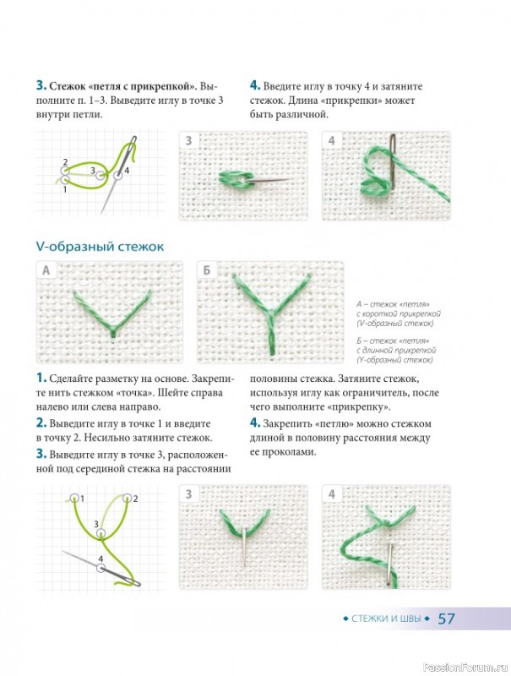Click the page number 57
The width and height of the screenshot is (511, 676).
pyautogui.click(x=446, y=619)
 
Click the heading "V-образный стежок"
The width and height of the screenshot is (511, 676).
pyautogui.click(x=100, y=247)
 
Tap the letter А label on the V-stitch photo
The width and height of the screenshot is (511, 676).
pyautogui.click(x=46, y=270)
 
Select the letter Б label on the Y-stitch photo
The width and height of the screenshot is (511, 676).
pyautogui.click(x=206, y=270)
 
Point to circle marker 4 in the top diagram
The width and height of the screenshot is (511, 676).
pyautogui.click(x=118, y=175)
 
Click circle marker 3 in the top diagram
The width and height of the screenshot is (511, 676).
pyautogui.click(x=100, y=175)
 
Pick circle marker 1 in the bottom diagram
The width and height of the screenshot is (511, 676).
pyautogui.click(x=74, y=499)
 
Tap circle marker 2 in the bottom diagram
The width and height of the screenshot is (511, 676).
pyautogui.click(x=127, y=499)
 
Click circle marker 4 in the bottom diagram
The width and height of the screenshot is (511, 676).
pyautogui.click(x=101, y=568)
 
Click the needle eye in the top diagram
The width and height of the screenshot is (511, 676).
pyautogui.click(x=134, y=141)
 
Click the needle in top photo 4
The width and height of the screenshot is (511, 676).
pyautogui.click(x=393, y=161)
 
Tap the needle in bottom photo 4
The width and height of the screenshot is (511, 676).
pyautogui.click(x=391, y=564)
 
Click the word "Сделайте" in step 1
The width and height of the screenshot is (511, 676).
pyautogui.click(x=75, y=379)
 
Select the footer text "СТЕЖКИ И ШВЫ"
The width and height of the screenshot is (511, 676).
pyautogui.click(x=386, y=619)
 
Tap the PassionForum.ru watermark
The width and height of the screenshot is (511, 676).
pyautogui.click(x=466, y=668)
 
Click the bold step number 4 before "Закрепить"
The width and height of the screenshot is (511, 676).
pyautogui.click(x=254, y=423)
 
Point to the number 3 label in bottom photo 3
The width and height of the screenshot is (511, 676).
pyautogui.click(x=188, y=494)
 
